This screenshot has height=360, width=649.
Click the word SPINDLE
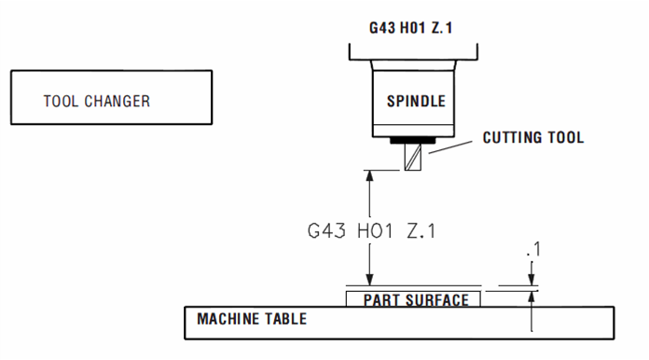416,101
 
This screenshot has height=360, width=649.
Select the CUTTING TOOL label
532,138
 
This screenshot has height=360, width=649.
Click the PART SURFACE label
415,299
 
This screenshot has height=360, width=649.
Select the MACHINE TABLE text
252,319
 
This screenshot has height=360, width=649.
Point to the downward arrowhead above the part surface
370,279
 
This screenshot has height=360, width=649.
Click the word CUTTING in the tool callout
510,138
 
